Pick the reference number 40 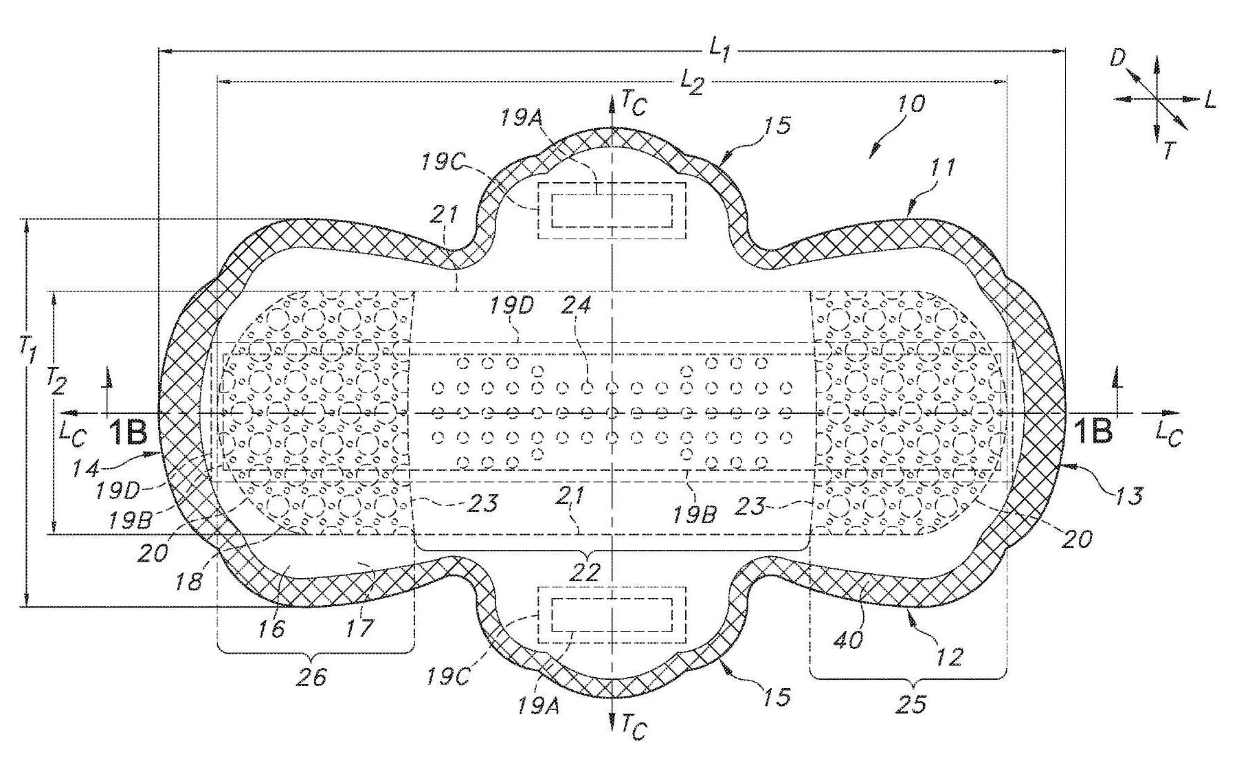click(x=849, y=639)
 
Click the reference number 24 click(x=576, y=305)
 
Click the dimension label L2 click(x=692, y=82)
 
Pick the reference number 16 click(x=272, y=628)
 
